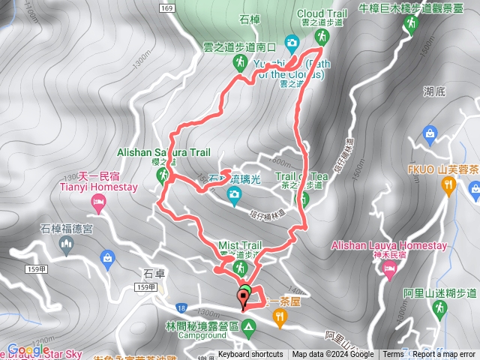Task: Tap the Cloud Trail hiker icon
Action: click(x=321, y=35)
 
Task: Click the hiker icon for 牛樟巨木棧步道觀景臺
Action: click(x=409, y=25)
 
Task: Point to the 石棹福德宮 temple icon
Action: click(x=107, y=260)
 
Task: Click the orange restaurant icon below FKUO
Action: click(x=449, y=184)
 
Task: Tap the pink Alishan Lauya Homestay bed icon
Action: click(x=388, y=271)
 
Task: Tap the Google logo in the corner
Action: click(x=28, y=349)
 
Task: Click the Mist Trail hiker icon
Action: click(x=240, y=268)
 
